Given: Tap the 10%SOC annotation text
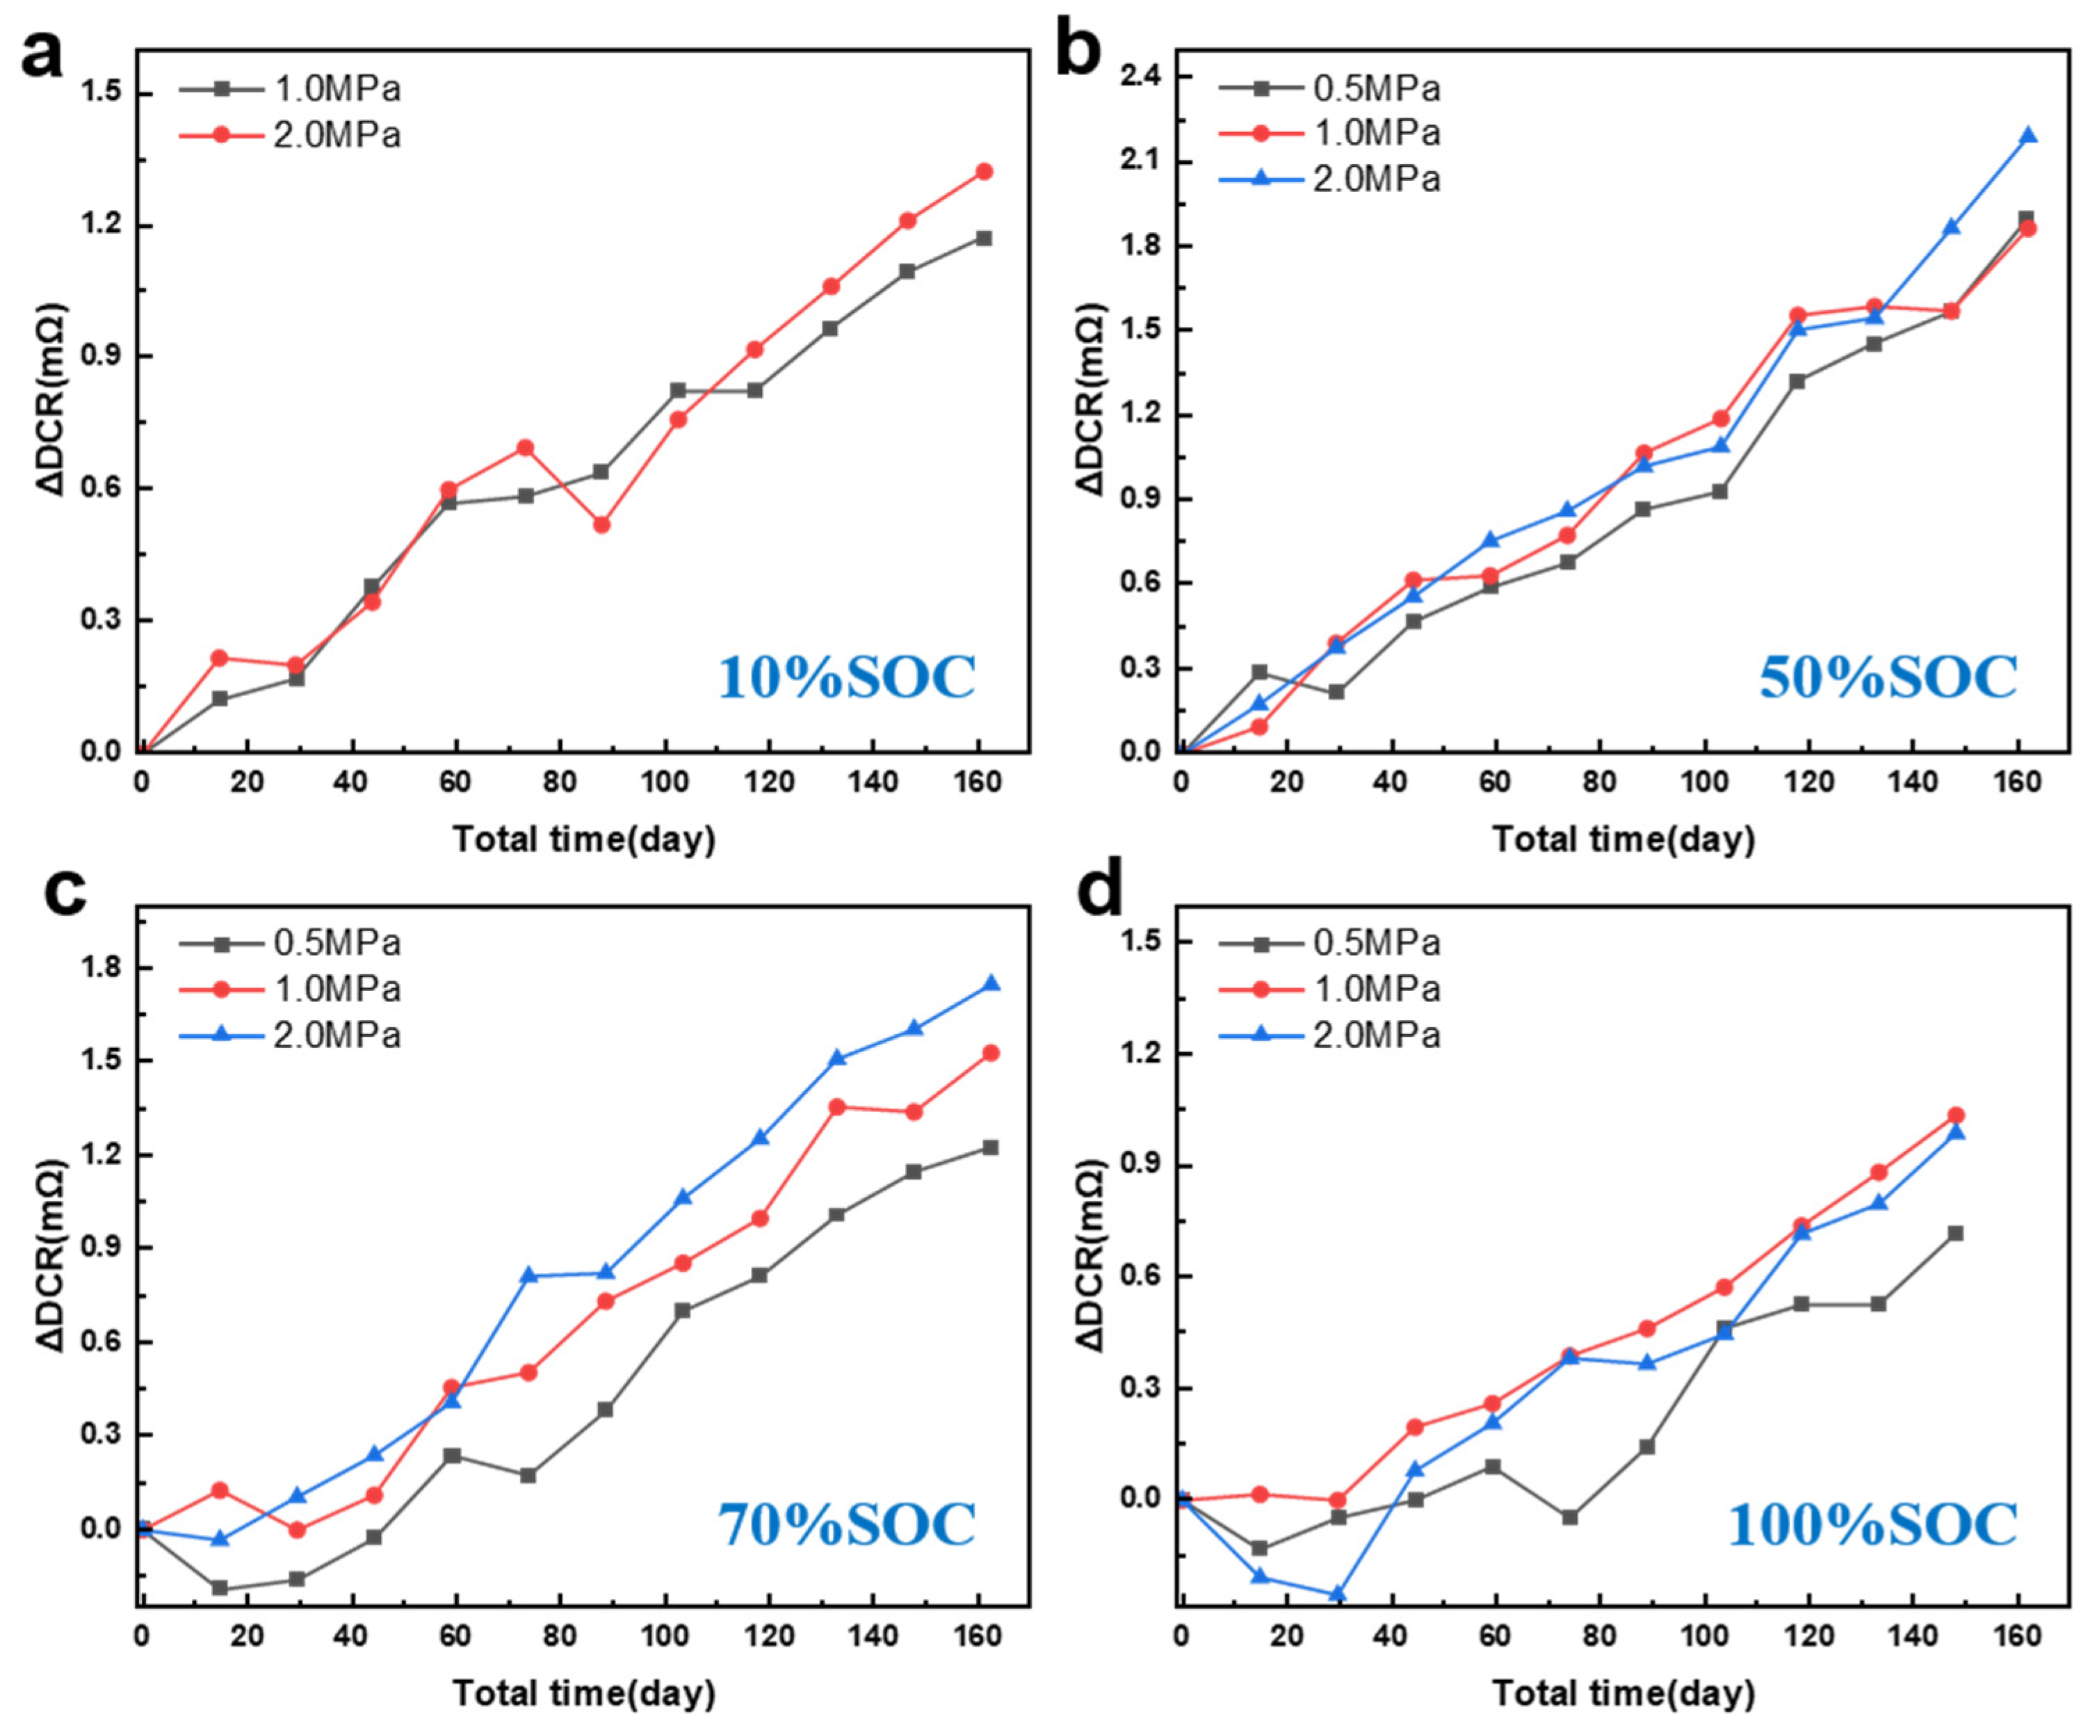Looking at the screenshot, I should click(846, 679).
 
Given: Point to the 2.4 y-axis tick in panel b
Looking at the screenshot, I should click(1141, 76).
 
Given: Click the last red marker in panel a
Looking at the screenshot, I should click(984, 172).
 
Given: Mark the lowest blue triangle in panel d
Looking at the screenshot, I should click(1337, 1594).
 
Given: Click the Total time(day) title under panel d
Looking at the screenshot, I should click(1623, 1693).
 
